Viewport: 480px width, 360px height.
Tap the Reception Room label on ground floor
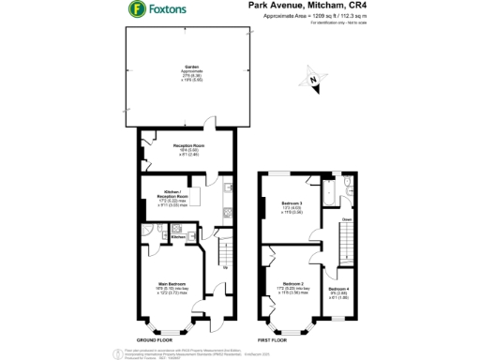[x=187, y=145]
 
